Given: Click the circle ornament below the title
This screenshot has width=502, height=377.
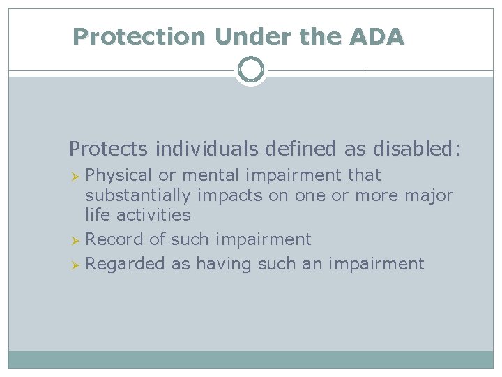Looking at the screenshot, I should [251, 70].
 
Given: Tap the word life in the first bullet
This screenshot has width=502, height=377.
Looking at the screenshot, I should [96, 215].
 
